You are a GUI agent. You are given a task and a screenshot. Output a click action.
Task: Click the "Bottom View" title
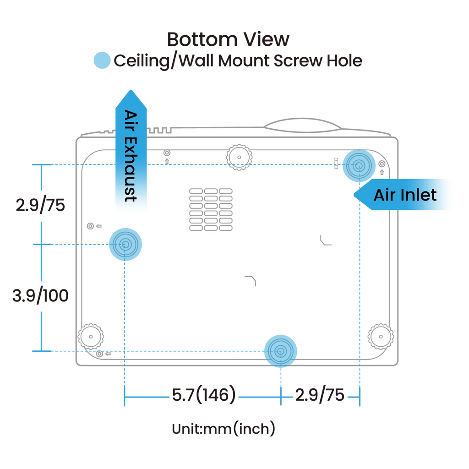[x=228, y=39]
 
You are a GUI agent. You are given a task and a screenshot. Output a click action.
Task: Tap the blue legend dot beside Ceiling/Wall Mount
[x=102, y=61]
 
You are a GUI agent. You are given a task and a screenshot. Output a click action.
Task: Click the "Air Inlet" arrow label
[x=405, y=195]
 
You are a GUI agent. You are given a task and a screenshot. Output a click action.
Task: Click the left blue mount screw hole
[x=125, y=245]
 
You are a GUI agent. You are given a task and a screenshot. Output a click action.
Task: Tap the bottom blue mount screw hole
[x=281, y=351]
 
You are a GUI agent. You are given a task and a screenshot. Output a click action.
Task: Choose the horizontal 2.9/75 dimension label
[x=320, y=395]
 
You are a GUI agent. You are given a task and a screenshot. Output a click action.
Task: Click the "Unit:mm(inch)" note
[x=224, y=429]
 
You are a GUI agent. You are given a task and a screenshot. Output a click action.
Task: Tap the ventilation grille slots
[x=211, y=209]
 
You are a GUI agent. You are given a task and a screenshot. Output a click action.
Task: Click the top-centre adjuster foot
[x=239, y=157]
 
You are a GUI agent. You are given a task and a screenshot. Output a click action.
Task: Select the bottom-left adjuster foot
[x=90, y=337]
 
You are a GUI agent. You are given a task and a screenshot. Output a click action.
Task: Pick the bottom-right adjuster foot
[x=380, y=337]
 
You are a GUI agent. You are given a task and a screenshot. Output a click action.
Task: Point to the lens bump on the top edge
[x=302, y=123]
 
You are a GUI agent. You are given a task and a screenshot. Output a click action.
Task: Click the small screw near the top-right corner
[x=382, y=164]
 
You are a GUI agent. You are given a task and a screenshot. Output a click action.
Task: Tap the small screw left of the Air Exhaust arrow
[x=90, y=226]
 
